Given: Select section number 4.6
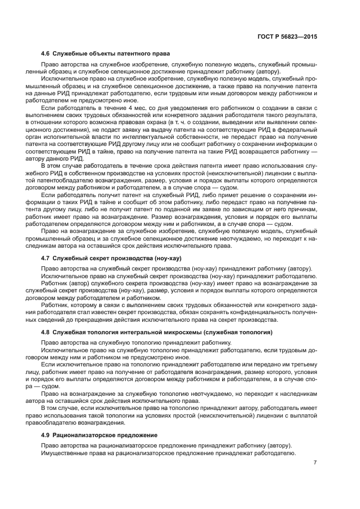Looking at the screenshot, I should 46,53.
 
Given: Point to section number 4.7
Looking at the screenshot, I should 46,257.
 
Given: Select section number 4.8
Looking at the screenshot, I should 46,332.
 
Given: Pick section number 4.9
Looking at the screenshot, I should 46,436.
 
